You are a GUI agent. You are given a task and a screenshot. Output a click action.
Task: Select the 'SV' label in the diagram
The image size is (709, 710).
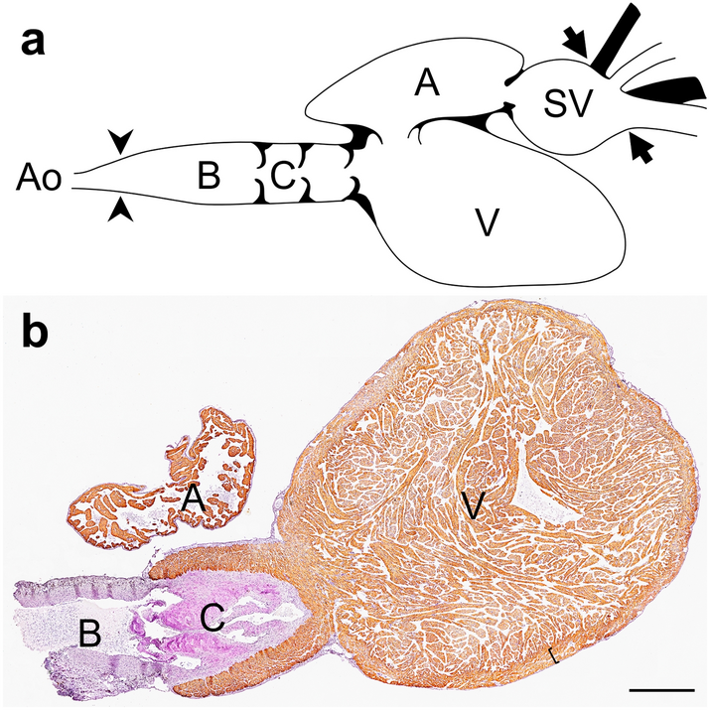(x=567, y=100)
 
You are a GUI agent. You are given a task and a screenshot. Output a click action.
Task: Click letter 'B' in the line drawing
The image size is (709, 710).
(x=208, y=179)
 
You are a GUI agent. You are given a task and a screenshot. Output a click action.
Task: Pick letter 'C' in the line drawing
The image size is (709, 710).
(x=282, y=179)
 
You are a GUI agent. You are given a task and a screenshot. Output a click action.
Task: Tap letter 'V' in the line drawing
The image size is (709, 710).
(x=487, y=224)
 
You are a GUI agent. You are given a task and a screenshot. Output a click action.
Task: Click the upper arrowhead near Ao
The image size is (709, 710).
(x=120, y=145)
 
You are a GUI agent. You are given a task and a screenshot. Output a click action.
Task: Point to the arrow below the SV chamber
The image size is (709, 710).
(x=641, y=151)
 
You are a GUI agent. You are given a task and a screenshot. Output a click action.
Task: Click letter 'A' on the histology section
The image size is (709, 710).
(x=195, y=502)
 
